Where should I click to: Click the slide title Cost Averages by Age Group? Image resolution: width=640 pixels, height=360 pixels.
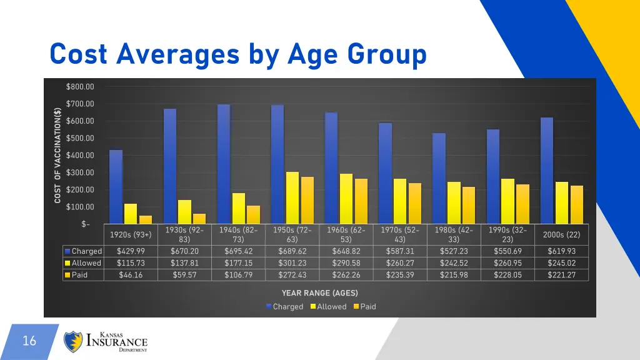pos(237,54)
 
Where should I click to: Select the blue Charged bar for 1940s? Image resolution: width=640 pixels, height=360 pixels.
pos(224,164)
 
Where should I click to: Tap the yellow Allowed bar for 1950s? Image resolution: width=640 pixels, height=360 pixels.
pos(292,197)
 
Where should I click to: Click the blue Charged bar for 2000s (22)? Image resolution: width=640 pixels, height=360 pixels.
pos(547,170)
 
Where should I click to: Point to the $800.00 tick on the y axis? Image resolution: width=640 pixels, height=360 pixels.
pos(80,86)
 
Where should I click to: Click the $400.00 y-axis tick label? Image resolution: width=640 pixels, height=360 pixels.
pos(80,155)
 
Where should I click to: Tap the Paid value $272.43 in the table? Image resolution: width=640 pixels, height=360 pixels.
pos(292,275)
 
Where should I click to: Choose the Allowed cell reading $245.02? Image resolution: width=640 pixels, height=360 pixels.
pos(561,263)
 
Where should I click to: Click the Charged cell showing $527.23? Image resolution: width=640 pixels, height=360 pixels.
pos(454,251)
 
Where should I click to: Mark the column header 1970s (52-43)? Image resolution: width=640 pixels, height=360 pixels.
pos(400,234)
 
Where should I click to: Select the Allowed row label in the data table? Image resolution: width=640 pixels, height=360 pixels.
pos(86,263)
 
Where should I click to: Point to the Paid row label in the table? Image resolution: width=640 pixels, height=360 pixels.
pos(80,275)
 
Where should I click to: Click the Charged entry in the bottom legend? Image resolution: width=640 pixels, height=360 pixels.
pos(286,307)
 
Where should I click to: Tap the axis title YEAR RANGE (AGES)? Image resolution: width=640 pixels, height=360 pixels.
pos(319,292)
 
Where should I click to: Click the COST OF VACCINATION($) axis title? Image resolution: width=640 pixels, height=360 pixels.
pos(57,155)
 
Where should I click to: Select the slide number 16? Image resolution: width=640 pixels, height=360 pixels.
pos(29,341)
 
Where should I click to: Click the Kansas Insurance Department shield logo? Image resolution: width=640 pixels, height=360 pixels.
pos(74,342)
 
